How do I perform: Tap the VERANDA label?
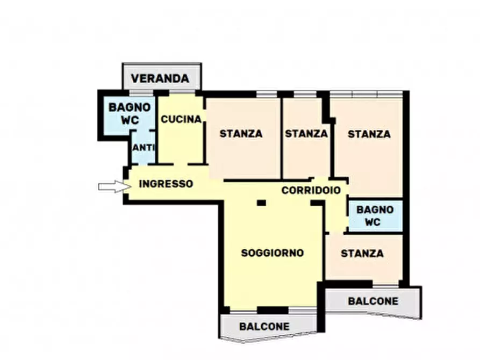160,78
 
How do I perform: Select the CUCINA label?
181,119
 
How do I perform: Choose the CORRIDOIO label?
311,190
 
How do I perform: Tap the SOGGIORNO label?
273,253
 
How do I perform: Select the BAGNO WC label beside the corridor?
375,215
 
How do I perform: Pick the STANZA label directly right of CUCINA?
241,134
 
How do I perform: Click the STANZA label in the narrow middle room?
306,134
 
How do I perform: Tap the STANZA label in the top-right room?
369,134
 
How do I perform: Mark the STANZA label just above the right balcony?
362,253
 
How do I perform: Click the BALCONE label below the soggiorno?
264,326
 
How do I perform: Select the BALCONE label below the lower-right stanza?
373,301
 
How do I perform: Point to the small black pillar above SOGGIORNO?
261,203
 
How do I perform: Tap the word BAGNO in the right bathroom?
375,210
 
